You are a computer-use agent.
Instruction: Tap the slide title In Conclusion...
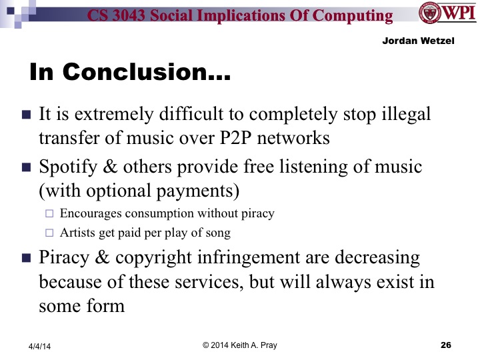coord(130,74)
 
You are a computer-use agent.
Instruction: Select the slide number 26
coord(447,345)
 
